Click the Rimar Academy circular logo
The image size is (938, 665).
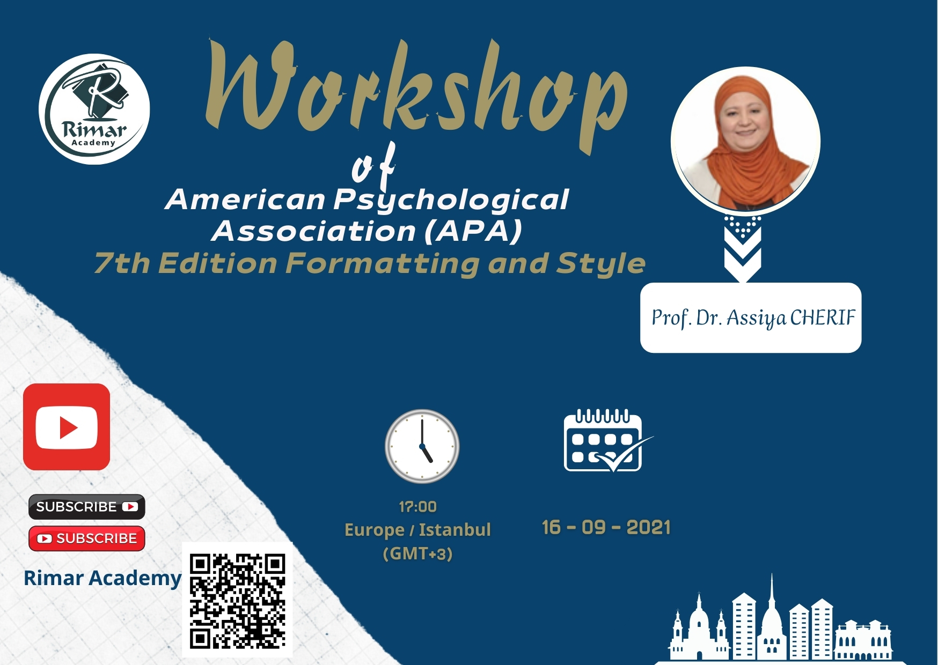tap(94, 109)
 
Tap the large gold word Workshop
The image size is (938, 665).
tap(416, 91)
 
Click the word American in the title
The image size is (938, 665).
tap(245, 200)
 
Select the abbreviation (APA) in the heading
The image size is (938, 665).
tap(473, 231)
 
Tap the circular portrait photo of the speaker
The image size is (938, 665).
tap(745, 142)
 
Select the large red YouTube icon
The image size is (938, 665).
tap(67, 427)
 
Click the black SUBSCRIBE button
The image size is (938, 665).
tap(87, 507)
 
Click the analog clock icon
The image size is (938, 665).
tap(422, 446)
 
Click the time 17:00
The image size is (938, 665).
tap(417, 506)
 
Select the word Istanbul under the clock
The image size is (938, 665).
tap(455, 530)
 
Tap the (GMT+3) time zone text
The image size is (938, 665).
tap(417, 553)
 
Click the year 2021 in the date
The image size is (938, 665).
tap(649, 527)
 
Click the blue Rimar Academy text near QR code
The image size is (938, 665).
tap(102, 578)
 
